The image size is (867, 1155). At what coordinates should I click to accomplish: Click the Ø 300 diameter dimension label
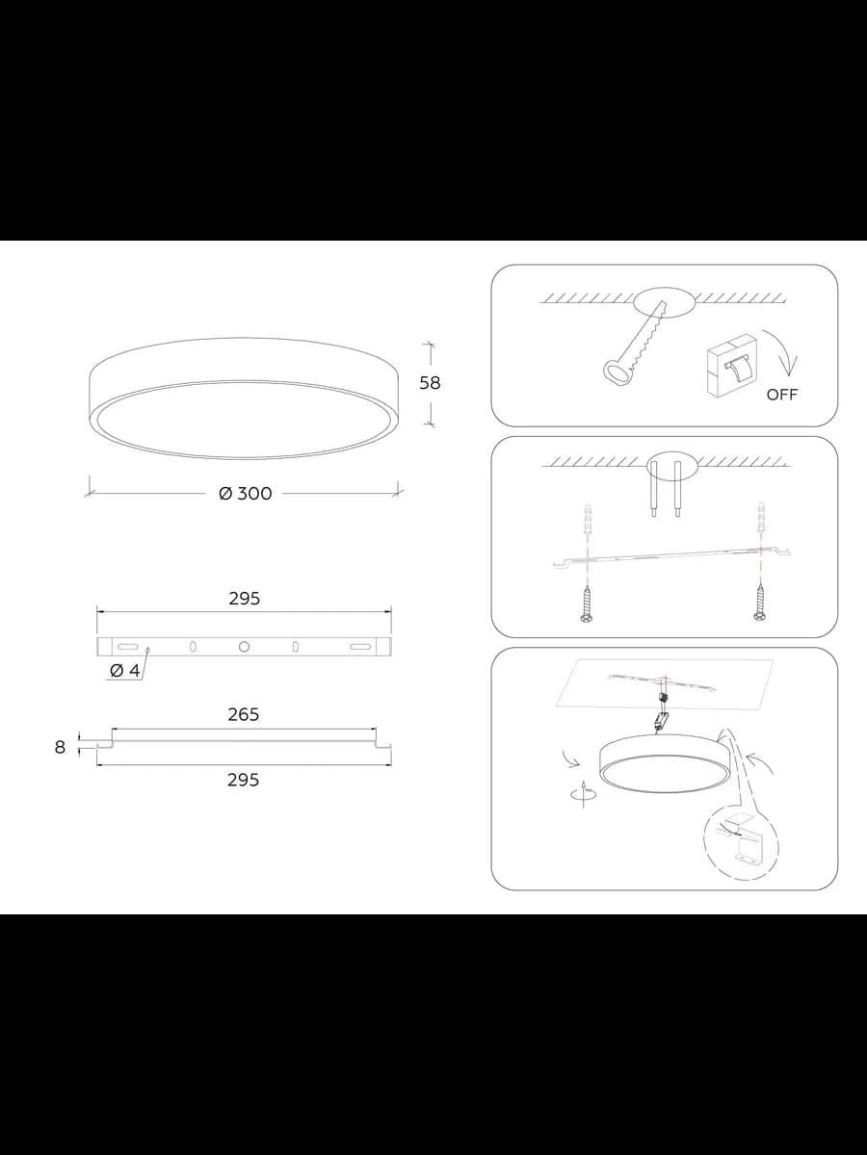(246, 494)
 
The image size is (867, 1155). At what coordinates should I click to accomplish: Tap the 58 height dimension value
(430, 383)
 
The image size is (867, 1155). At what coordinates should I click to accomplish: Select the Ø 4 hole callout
(125, 670)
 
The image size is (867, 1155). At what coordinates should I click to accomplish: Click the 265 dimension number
(244, 714)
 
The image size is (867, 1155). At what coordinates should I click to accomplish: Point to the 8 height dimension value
(60, 747)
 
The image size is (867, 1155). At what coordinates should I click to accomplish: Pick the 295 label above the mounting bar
(245, 599)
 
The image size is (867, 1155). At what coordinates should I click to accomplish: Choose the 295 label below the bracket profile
(243, 780)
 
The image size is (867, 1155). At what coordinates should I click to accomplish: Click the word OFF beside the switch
(781, 395)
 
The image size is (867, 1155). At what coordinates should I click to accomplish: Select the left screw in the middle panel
(586, 603)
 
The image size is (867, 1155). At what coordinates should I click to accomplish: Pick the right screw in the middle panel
(759, 603)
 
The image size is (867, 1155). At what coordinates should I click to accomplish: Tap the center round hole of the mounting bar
(244, 647)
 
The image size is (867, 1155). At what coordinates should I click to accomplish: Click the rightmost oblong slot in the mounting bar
(360, 647)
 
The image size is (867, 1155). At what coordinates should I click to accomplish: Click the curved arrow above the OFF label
(780, 351)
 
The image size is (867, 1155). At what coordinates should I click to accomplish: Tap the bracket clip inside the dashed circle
(741, 843)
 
